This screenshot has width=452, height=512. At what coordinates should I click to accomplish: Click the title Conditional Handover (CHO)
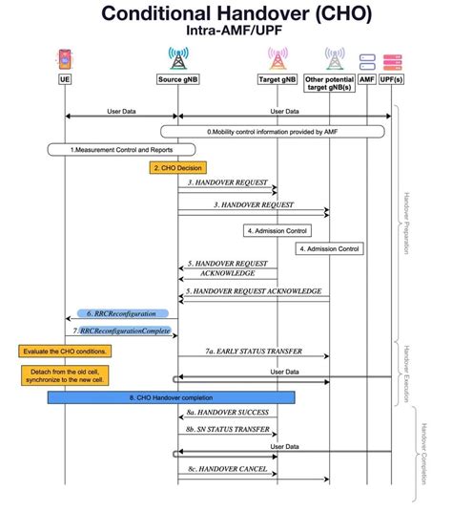(x=225, y=13)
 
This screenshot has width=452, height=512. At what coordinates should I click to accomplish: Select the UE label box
(x=65, y=79)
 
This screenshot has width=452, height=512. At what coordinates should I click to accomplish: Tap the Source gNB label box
(x=178, y=79)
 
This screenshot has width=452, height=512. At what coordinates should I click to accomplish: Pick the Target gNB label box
(x=277, y=79)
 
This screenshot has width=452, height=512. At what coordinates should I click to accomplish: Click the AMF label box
(x=367, y=79)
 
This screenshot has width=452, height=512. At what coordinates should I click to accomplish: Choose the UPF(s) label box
(x=391, y=79)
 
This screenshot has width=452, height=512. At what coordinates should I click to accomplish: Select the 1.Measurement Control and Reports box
(x=121, y=150)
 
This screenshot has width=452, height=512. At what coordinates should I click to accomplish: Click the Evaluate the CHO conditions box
(x=65, y=351)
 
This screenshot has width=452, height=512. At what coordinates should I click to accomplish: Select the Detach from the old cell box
(x=63, y=374)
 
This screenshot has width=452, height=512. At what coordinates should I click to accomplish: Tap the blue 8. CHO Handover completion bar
(x=172, y=396)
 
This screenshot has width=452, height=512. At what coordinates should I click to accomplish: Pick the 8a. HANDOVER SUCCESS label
(x=228, y=412)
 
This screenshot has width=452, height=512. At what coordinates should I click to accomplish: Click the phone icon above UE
(x=65, y=57)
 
